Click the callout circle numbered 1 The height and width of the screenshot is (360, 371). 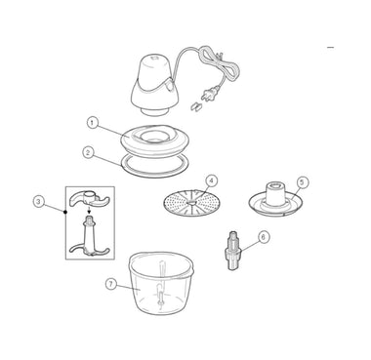(x=93, y=123)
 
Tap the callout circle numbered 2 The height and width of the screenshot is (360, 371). (x=88, y=152)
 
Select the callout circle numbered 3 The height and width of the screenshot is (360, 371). (x=39, y=202)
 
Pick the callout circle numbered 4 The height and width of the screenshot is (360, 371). (x=211, y=180)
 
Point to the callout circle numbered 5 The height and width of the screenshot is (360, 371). (x=302, y=182)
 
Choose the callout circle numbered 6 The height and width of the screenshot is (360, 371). (x=264, y=237)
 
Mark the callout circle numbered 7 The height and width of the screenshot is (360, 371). (x=111, y=284)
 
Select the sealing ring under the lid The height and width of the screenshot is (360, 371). (x=155, y=166)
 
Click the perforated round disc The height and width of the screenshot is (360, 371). (x=191, y=203)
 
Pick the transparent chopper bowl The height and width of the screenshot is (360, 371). (x=161, y=283)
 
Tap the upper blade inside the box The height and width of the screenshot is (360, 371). (x=89, y=198)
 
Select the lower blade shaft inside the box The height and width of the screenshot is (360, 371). (x=90, y=237)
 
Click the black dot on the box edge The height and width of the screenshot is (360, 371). (x=65, y=212)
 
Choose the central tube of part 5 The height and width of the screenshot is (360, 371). (x=275, y=194)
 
